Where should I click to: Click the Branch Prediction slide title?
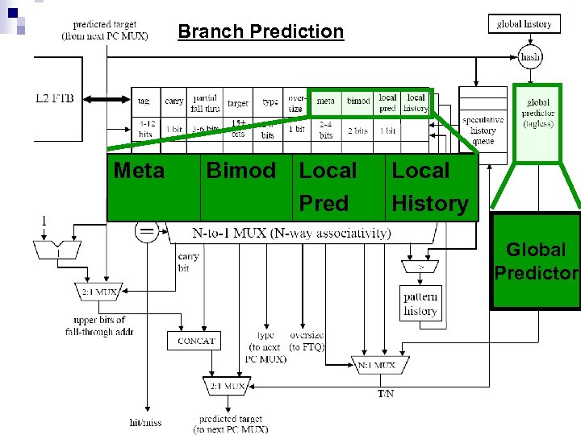coord(261,32)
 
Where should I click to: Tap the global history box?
coord(524,24)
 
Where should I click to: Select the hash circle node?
coord(530,57)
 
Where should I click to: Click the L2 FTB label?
coord(54,98)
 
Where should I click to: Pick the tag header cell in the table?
coord(144,101)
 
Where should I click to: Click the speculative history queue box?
coord(483,125)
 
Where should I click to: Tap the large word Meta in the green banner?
coord(140,172)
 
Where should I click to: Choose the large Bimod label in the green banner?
coord(241,171)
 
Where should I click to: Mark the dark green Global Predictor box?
coord(536,262)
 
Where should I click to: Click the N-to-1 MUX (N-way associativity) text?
coord(290,234)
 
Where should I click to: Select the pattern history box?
coord(420,304)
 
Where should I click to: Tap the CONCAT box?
coord(196,341)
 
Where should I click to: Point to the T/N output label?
coord(387,394)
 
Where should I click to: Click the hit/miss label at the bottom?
coord(146,421)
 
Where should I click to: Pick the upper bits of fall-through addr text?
coord(98,325)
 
